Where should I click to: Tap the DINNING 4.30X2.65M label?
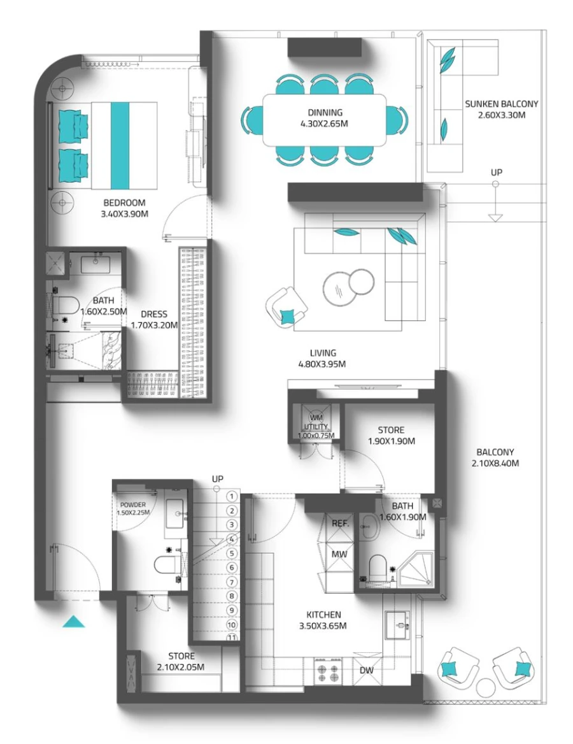tap(325, 118)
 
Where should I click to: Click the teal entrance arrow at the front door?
tap(74, 622)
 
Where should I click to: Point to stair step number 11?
tap(232, 637)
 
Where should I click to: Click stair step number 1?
tap(232, 496)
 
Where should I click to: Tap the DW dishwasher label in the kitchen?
tap(366, 671)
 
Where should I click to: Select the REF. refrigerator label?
tap(339, 523)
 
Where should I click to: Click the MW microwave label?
tap(339, 554)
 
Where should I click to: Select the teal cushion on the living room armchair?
tap(288, 315)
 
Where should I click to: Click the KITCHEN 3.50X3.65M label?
tap(323, 620)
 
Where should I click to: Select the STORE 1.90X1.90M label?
tap(390, 436)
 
